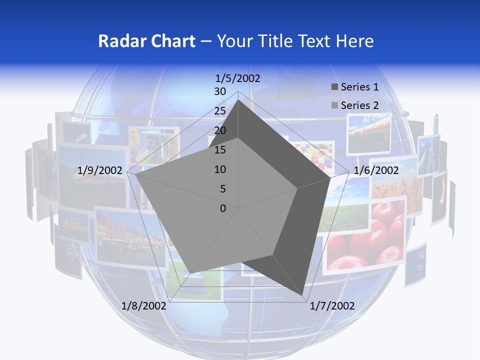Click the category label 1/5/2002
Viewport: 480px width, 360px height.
point(237,78)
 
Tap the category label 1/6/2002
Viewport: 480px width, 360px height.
point(376,170)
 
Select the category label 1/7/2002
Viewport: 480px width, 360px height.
point(332,306)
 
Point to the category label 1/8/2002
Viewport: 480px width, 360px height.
point(143,306)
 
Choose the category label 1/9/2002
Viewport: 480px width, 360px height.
point(100,170)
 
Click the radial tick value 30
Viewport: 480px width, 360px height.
point(220,92)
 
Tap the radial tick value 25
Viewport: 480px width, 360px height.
point(220,111)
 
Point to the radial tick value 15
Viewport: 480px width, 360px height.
point(220,150)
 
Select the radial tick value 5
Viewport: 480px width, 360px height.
point(223,189)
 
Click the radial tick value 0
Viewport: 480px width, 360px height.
point(223,208)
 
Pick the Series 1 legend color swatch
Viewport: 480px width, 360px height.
point(334,87)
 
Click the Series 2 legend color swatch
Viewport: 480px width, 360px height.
point(334,105)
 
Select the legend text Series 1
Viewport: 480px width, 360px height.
point(359,87)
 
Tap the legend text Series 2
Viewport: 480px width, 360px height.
point(359,105)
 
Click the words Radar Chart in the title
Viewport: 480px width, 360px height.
point(146,41)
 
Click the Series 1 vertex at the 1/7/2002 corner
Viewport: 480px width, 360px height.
point(302,295)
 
